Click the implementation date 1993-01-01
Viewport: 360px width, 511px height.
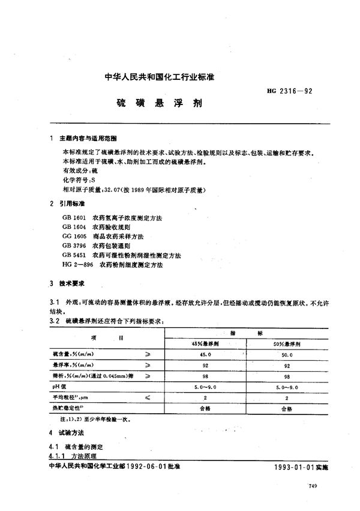tap(282, 466)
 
